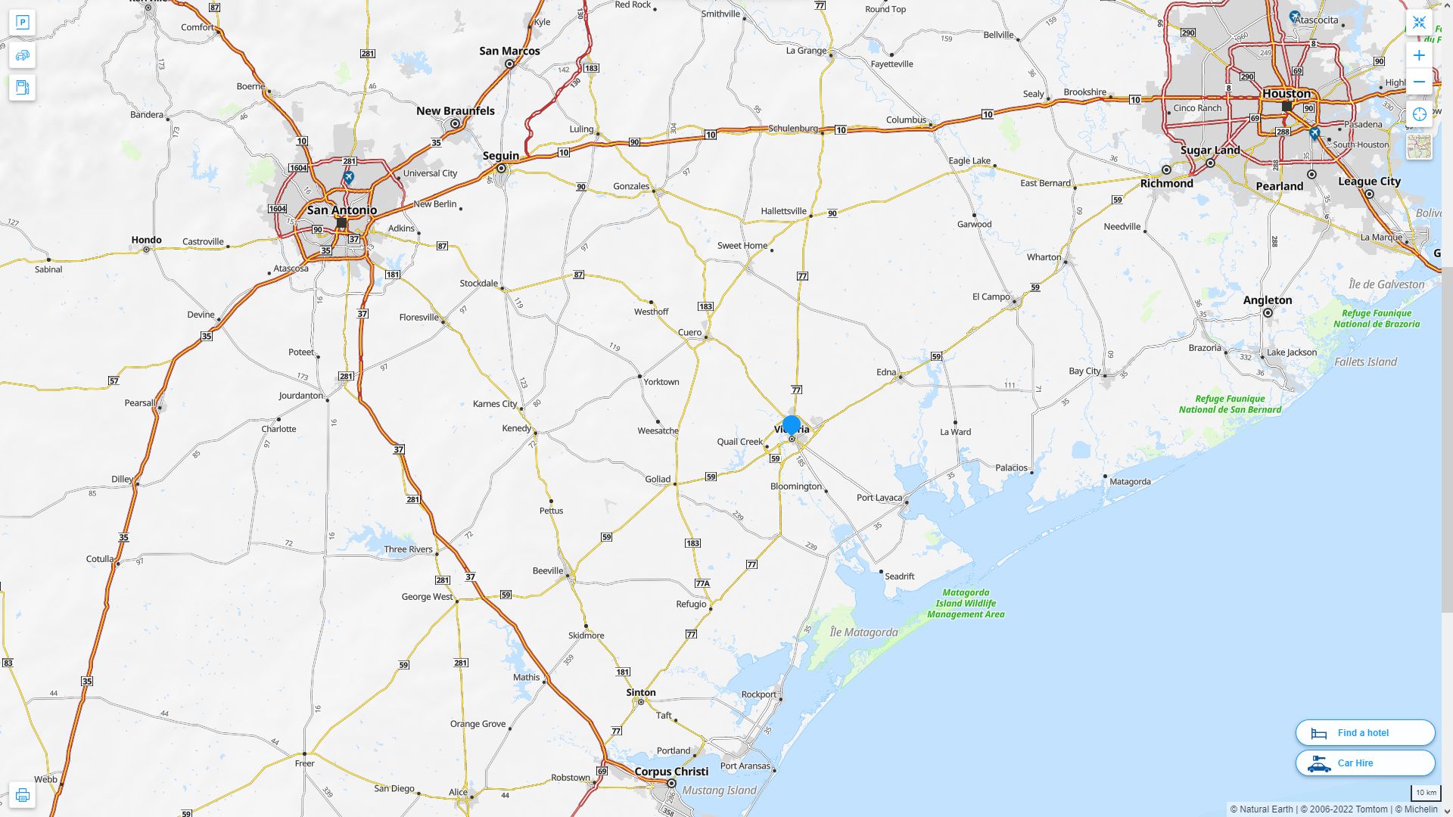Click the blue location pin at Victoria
tap(792, 426)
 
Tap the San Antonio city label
tap(342, 210)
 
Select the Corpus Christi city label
tap(671, 772)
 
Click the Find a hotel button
tap(1364, 732)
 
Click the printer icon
tap(22, 795)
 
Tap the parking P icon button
tap(22, 23)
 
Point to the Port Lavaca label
tap(879, 498)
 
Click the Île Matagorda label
tap(863, 632)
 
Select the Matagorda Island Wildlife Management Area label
tap(966, 604)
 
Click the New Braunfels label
tap(455, 111)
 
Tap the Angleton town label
tap(1267, 300)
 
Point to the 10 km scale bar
tap(1426, 793)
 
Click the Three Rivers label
tap(408, 549)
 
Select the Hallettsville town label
tap(783, 211)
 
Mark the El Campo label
tap(991, 297)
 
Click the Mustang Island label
tap(719, 791)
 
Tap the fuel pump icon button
tap(22, 87)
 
